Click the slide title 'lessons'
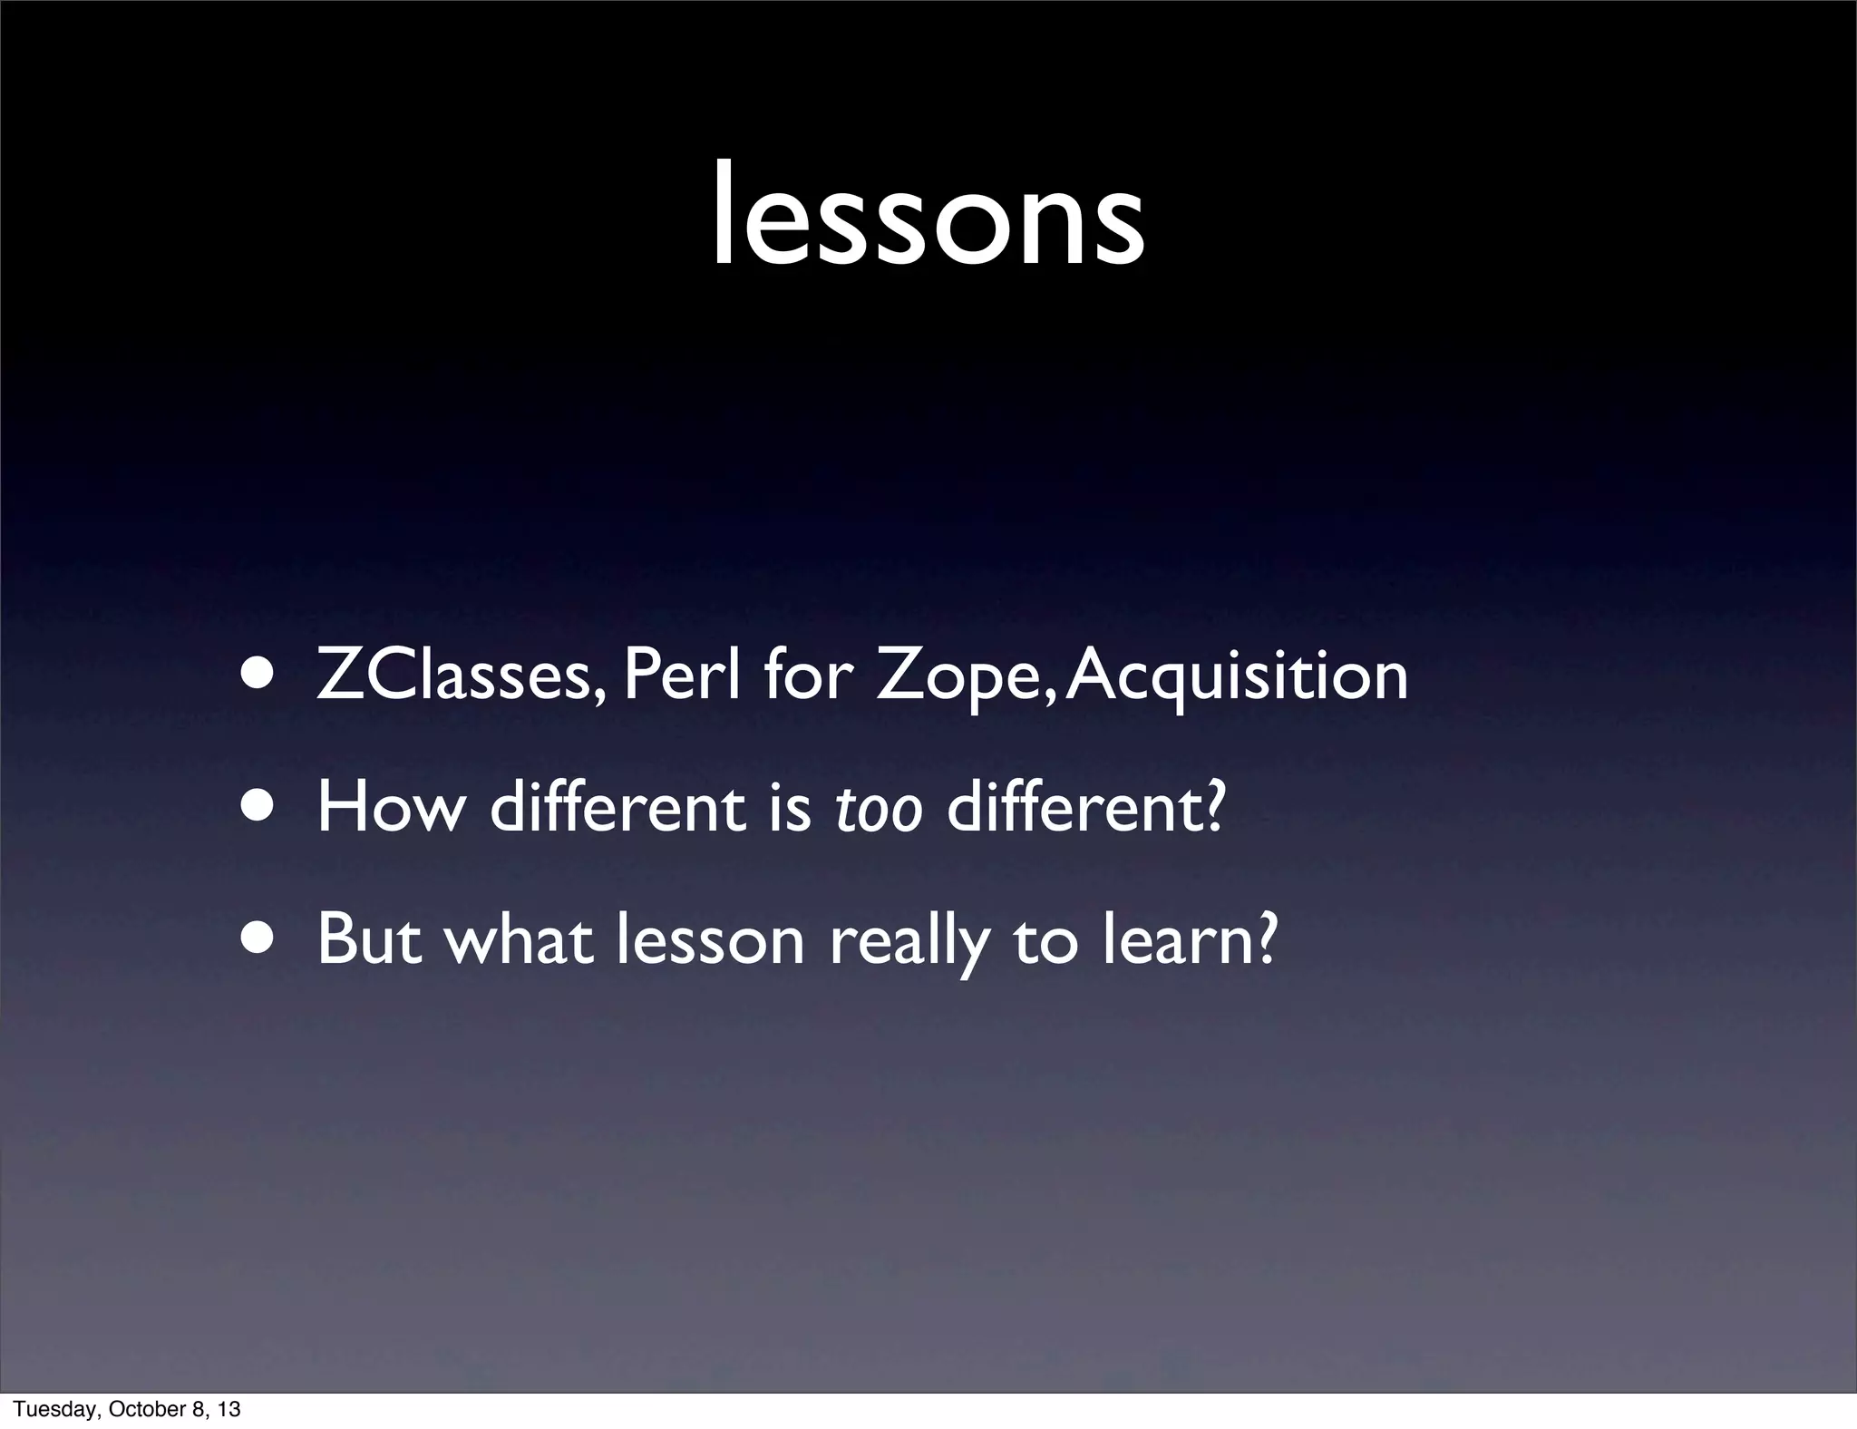point(927,218)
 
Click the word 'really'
point(909,940)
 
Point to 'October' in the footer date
point(139,1409)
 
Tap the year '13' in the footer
point(230,1409)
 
